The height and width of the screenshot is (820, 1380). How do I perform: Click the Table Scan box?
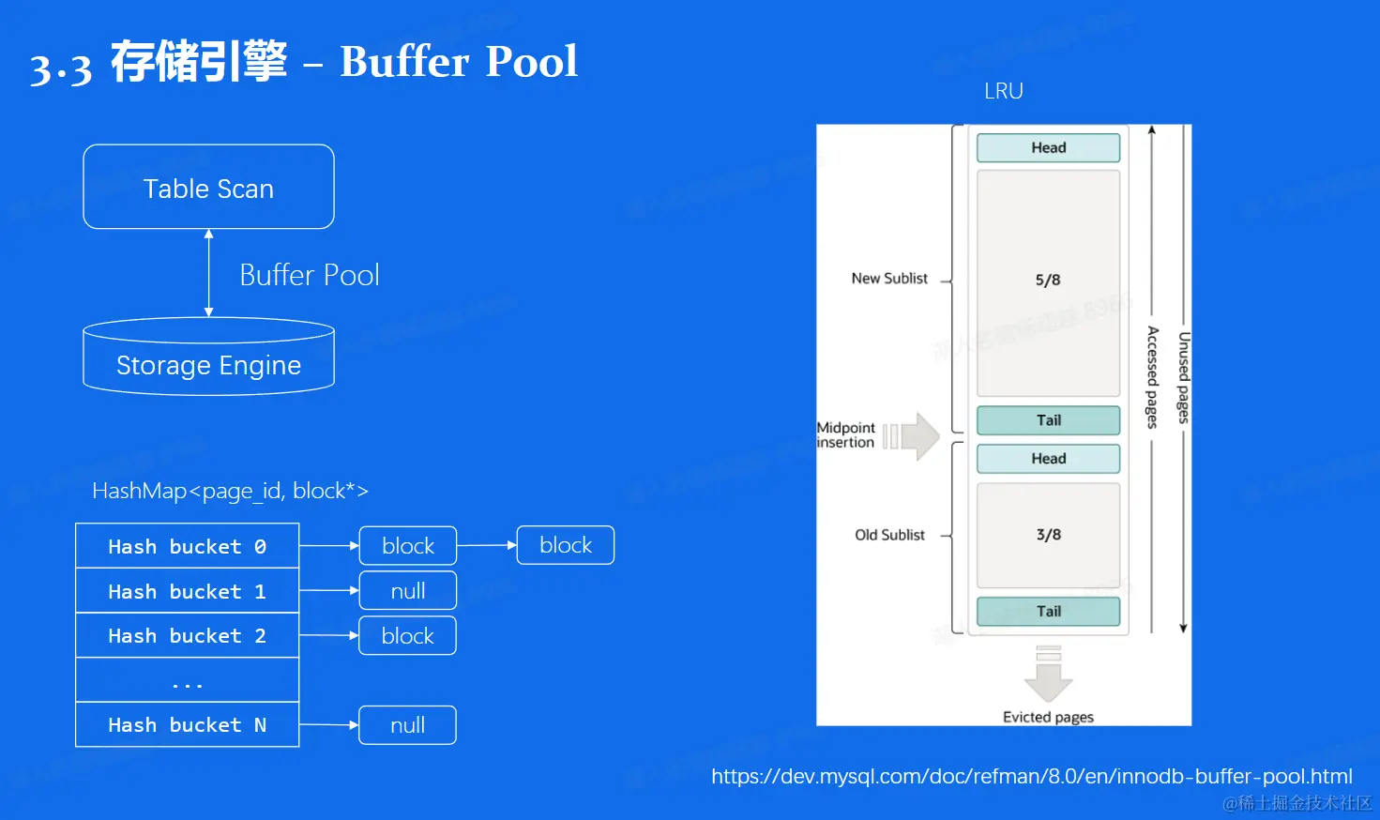pyautogui.click(x=208, y=188)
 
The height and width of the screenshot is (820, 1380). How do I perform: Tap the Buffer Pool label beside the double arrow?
pyautogui.click(x=310, y=275)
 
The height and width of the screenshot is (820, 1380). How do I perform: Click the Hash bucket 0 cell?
pyautogui.click(x=187, y=546)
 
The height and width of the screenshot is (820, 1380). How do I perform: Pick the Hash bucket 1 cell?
pyautogui.click(x=187, y=591)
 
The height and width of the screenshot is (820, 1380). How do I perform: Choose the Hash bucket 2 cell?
pyautogui.click(x=187, y=635)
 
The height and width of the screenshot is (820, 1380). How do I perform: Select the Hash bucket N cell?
pyautogui.click(x=187, y=724)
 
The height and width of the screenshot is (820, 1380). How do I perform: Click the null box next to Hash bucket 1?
pyautogui.click(x=407, y=591)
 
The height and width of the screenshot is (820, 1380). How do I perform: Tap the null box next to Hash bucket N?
pyautogui.click(x=407, y=725)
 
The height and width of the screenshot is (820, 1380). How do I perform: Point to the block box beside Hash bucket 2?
pyautogui.click(x=407, y=635)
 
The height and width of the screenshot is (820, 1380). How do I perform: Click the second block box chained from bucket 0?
pyautogui.click(x=566, y=545)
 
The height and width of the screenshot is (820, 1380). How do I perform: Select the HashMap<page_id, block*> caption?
pyautogui.click(x=230, y=491)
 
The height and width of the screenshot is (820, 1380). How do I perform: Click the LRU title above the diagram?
pyautogui.click(x=1003, y=91)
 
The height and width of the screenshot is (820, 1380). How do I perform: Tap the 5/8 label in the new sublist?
pyautogui.click(x=1048, y=280)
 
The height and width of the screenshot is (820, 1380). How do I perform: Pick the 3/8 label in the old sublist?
pyautogui.click(x=1048, y=535)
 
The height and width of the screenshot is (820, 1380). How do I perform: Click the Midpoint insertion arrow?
pyautogui.click(x=914, y=436)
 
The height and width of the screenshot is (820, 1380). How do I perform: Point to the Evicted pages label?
pyautogui.click(x=1048, y=717)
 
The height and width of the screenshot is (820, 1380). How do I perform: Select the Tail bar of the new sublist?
pyautogui.click(x=1048, y=420)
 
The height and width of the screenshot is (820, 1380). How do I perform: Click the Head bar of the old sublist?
pyautogui.click(x=1048, y=459)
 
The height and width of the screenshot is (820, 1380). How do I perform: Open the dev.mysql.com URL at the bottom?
pyautogui.click(x=1031, y=776)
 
